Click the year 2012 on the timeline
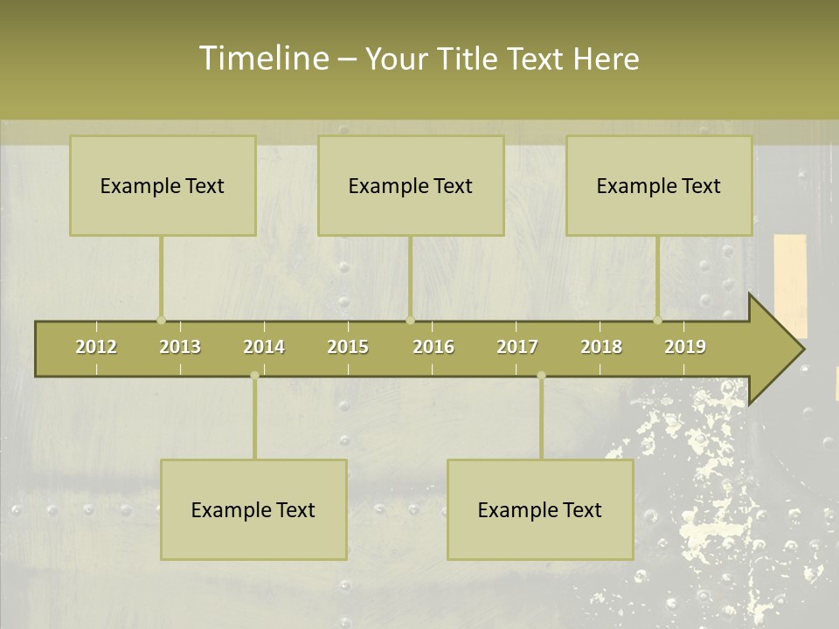click(96, 347)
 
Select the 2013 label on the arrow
click(180, 347)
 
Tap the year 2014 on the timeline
click(264, 347)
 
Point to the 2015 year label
click(348, 347)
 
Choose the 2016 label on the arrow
click(433, 347)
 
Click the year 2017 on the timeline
click(517, 347)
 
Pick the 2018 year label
click(601, 347)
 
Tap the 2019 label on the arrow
click(685, 347)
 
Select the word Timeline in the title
click(262, 59)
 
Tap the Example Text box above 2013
click(163, 185)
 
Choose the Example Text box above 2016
click(411, 185)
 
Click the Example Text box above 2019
click(659, 185)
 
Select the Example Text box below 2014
click(253, 509)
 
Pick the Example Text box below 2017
click(540, 509)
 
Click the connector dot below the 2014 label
click(254, 376)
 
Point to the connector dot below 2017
click(541, 376)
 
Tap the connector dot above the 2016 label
click(410, 320)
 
